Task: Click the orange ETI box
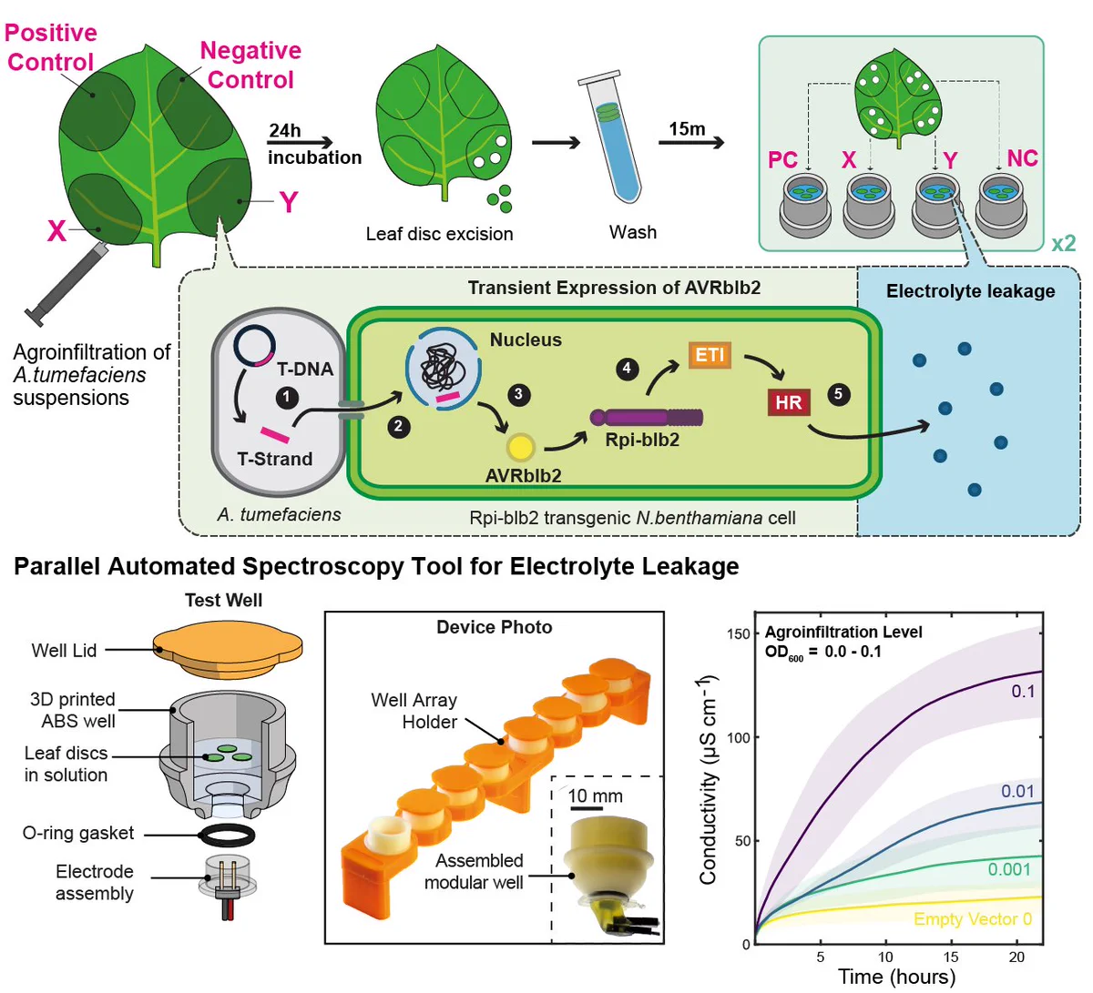click(x=710, y=355)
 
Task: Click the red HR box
click(x=789, y=402)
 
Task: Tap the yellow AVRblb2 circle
click(x=520, y=447)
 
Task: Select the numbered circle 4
click(x=628, y=369)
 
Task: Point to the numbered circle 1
click(x=287, y=397)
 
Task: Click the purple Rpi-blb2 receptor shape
click(x=646, y=418)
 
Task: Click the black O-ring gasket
click(x=227, y=835)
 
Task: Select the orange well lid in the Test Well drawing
click(x=227, y=652)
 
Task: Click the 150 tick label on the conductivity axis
click(x=739, y=634)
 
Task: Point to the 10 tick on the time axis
click(x=885, y=958)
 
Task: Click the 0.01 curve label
click(x=1017, y=791)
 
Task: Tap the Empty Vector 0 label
click(x=973, y=919)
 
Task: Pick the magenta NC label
click(x=1022, y=158)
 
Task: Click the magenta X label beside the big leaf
click(x=56, y=231)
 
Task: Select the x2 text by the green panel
click(x=1064, y=243)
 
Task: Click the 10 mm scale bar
click(x=587, y=808)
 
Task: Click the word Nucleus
click(x=526, y=339)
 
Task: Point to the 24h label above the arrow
click(x=284, y=131)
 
